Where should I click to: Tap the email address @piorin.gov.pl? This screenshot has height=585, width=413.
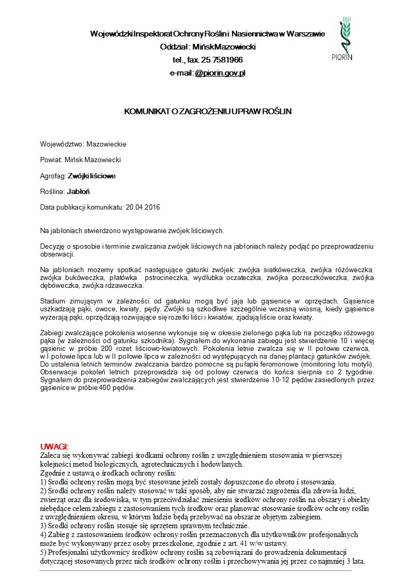pyautogui.click(x=220, y=73)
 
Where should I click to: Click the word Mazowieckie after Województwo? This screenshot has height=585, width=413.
pyautogui.click(x=106, y=144)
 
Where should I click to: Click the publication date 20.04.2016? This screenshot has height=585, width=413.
pyautogui.click(x=143, y=207)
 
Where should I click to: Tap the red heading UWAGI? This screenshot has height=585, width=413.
pyautogui.click(x=54, y=447)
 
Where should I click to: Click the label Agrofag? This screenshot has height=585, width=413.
pyautogui.click(x=53, y=176)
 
